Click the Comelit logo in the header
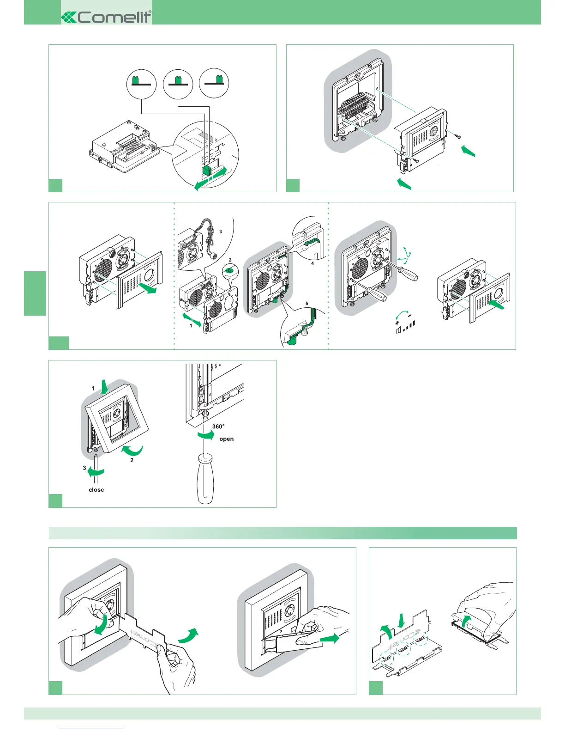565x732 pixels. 107,17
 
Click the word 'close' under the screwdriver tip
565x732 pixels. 96,489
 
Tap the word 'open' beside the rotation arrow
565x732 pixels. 226,439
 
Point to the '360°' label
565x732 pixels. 218,427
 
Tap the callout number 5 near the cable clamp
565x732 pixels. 307,304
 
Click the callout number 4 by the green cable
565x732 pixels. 313,263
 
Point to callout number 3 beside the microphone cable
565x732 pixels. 221,232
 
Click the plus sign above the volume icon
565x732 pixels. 397,323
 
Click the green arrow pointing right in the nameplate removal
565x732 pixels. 329,639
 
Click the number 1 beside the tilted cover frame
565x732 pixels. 93,388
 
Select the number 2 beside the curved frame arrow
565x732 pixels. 132,460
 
